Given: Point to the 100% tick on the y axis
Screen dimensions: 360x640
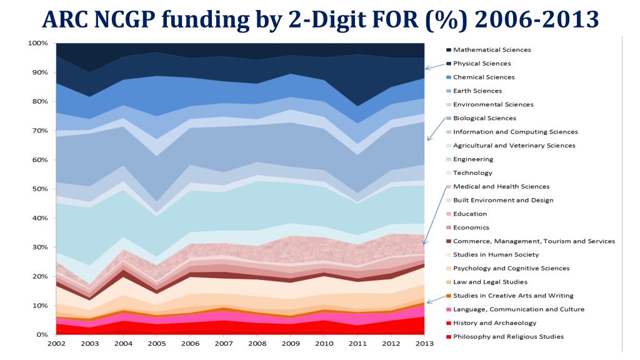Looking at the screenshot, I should pos(38,43).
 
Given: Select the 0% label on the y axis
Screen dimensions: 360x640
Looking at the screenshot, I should pos(42,334).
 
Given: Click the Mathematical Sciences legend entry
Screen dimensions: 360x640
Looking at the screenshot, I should pos(492,50).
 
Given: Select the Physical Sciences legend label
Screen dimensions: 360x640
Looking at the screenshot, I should pos(482,64).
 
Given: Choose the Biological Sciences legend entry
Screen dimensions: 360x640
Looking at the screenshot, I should pos(484,118).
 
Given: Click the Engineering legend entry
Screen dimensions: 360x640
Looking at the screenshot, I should pos(472,159).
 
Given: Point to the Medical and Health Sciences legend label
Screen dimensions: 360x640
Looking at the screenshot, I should pos(501,186).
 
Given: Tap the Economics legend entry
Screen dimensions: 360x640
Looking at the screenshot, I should pos(471,227).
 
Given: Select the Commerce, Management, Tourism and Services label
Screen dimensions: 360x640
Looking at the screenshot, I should pos(534,241).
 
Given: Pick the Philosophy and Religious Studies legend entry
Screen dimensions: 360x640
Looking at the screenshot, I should pos(508,337).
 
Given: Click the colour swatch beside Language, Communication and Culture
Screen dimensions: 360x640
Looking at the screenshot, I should pos(448,309).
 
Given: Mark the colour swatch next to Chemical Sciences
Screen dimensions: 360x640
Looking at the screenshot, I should pos(448,77).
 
